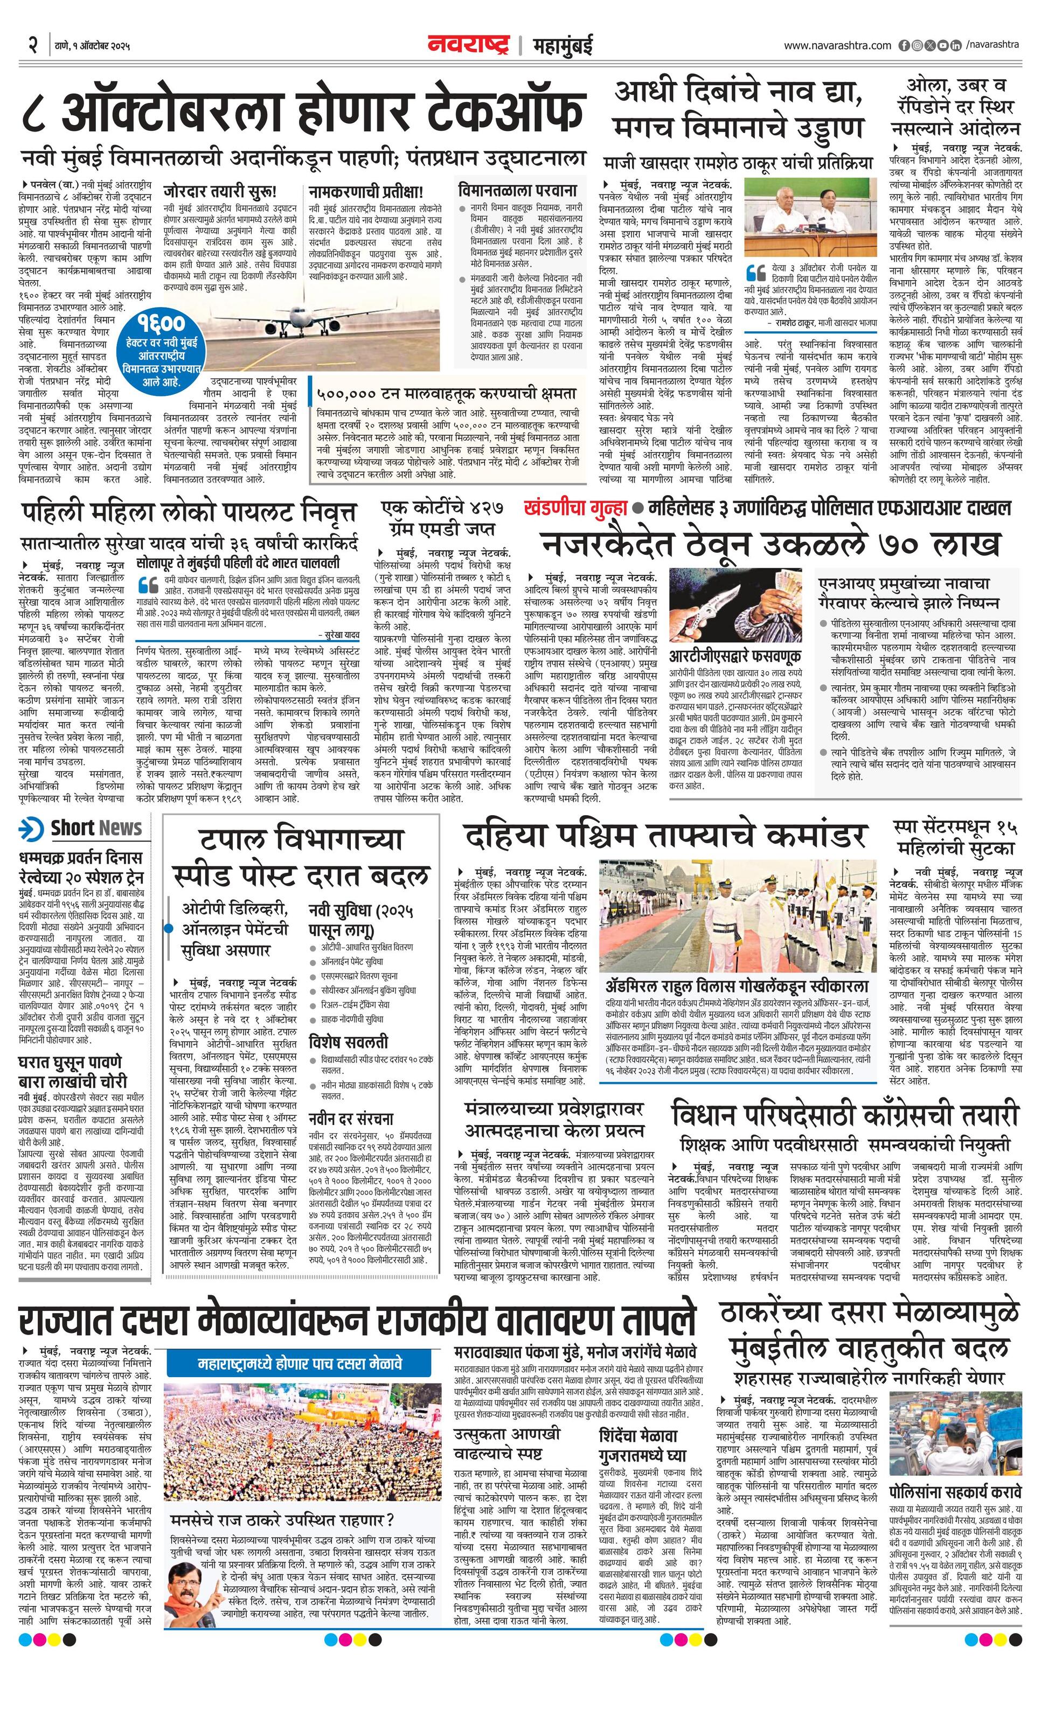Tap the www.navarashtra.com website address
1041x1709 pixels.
click(837, 46)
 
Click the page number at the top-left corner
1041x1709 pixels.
click(32, 46)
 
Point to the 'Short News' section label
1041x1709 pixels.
click(82, 828)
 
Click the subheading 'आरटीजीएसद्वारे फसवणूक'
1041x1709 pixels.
click(734, 656)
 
